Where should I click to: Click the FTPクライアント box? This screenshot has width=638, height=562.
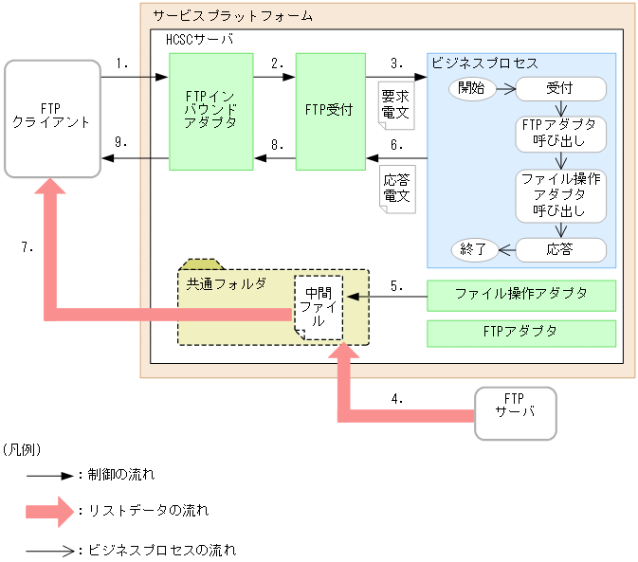[x=52, y=118]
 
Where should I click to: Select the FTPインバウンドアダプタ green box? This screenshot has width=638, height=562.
[x=210, y=111]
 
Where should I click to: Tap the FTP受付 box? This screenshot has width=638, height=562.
[x=330, y=111]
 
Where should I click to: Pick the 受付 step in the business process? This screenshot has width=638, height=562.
[x=559, y=89]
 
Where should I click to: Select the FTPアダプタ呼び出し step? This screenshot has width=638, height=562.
[x=559, y=135]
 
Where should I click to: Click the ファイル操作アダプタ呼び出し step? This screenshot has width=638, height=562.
[x=559, y=195]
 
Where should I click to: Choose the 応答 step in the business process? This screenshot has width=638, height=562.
[x=559, y=250]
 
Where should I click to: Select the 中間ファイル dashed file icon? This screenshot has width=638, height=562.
[x=318, y=307]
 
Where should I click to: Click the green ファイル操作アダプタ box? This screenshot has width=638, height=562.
[x=521, y=295]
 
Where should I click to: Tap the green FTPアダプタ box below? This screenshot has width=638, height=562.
[x=521, y=333]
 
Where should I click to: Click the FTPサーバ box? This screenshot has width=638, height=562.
[x=515, y=412]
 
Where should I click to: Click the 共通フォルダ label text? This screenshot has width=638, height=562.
[x=212, y=283]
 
